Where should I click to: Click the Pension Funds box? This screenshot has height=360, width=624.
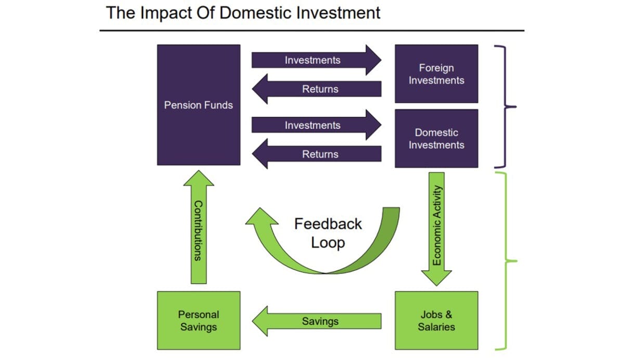click(x=199, y=105)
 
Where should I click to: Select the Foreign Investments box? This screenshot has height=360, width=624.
click(x=436, y=74)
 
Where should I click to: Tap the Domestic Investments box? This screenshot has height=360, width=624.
click(x=436, y=138)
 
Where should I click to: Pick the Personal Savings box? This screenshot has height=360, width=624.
click(x=199, y=320)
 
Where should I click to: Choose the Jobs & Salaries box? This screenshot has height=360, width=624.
click(x=436, y=320)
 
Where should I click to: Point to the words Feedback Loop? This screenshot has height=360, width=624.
click(x=328, y=233)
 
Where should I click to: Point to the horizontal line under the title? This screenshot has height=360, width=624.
click(x=312, y=31)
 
